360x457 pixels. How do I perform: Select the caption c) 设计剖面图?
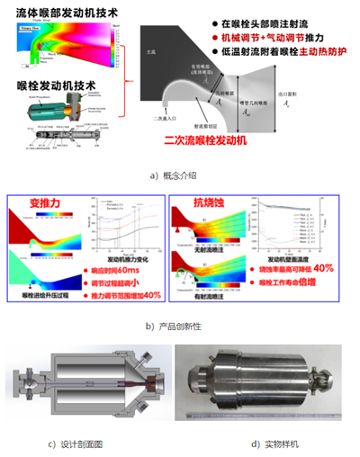85,444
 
